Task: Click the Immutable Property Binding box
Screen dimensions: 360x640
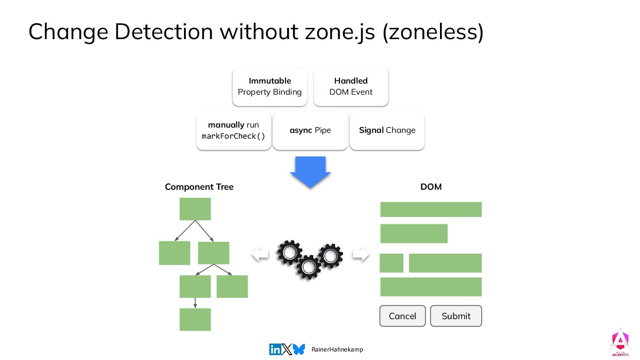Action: [x=270, y=87]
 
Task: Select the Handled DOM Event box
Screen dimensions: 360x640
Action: [x=351, y=87]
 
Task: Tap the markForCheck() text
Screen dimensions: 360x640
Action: [x=233, y=136]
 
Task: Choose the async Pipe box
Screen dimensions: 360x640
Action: [x=310, y=131]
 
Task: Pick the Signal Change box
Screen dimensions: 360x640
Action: [x=387, y=131]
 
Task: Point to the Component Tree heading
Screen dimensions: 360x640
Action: [x=199, y=187]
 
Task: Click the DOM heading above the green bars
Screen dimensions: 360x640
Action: [x=431, y=187]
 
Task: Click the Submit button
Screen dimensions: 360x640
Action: [x=456, y=316]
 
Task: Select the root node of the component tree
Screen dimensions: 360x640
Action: [x=195, y=209]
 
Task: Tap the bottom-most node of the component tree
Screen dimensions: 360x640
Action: [x=195, y=320]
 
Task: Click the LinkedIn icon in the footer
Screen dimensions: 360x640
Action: [x=275, y=349]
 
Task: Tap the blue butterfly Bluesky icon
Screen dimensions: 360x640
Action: [x=299, y=349]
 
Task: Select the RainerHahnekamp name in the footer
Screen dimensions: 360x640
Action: [x=337, y=350]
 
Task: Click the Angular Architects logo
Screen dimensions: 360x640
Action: [x=620, y=343]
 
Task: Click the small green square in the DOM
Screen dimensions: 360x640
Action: [x=392, y=263]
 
